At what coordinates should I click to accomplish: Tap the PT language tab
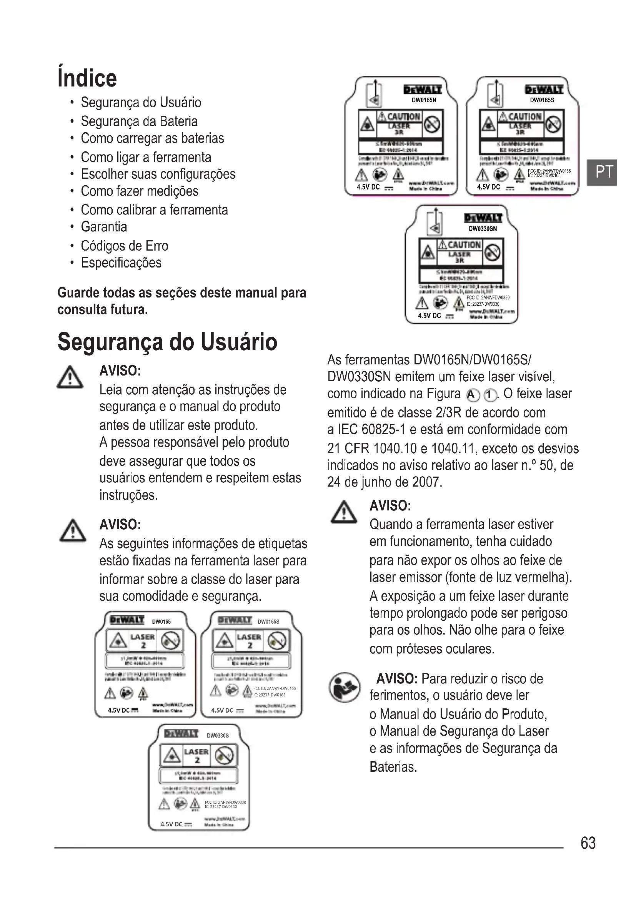click(603, 172)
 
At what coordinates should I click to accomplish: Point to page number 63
click(588, 843)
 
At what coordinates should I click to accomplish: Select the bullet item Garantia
click(104, 227)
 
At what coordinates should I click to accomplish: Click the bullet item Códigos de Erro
click(125, 246)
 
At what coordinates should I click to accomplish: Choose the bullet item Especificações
click(121, 263)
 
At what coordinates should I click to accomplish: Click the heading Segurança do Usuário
click(167, 342)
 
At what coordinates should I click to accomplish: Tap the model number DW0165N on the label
click(424, 100)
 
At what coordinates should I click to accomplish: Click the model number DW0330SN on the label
click(483, 229)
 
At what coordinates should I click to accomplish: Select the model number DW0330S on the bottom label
click(218, 736)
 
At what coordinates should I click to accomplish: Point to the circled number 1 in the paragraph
click(489, 395)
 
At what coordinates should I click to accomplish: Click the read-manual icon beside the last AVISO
click(344, 688)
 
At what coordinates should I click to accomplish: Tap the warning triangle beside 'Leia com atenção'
click(70, 377)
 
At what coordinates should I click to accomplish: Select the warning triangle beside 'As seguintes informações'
click(72, 531)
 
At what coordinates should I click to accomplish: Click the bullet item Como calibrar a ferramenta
click(154, 210)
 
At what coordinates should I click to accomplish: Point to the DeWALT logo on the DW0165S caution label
click(544, 90)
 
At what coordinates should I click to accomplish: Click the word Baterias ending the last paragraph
click(393, 767)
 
